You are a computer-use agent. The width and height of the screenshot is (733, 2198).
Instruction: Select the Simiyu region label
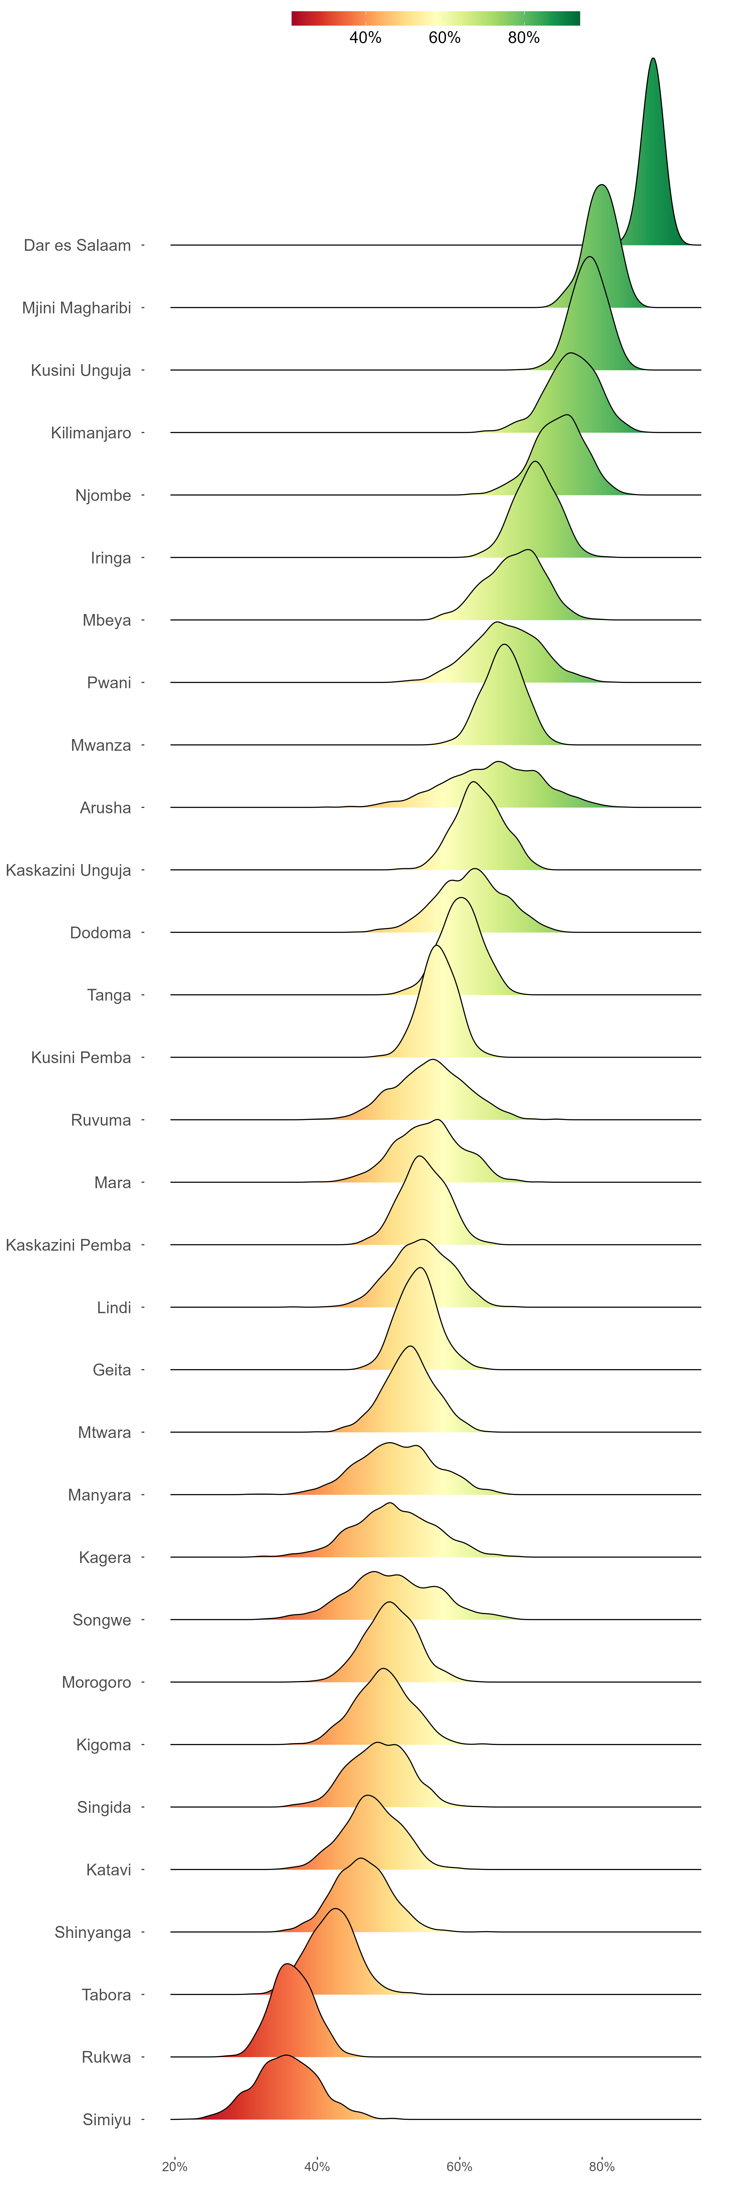click(107, 2120)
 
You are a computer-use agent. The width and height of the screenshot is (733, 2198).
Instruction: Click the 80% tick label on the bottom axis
click(602, 2166)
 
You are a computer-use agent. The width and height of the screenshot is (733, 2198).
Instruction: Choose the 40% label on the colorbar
click(365, 38)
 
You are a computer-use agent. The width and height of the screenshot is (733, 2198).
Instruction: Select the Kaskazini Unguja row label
click(68, 870)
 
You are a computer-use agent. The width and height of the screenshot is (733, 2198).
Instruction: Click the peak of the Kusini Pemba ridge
click(437, 946)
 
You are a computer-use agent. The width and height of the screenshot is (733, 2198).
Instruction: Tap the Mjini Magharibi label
click(77, 308)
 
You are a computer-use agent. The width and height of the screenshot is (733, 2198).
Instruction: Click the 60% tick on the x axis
click(459, 2166)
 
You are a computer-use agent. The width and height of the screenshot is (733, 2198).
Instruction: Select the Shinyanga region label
click(93, 1933)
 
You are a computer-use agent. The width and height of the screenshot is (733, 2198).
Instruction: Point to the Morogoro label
click(97, 1683)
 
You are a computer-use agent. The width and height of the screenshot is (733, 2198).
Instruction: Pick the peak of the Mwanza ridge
click(504, 645)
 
